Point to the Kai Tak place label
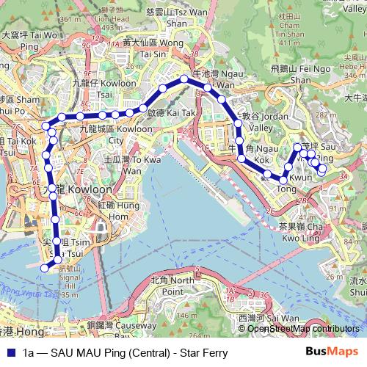(x=167, y=113)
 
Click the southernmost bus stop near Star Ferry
(x=44, y=268)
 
